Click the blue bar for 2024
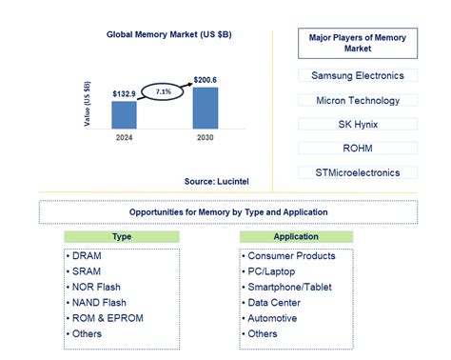[x=125, y=114]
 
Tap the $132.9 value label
[x=125, y=93]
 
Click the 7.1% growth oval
[x=164, y=91]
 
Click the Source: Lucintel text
[x=217, y=179]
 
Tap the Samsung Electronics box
[x=357, y=74]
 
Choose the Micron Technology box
[x=357, y=99]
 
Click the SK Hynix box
[x=357, y=124]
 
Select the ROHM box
[x=357, y=149]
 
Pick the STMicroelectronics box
[x=357, y=172]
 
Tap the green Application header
[x=296, y=235]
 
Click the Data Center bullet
[x=277, y=303]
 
